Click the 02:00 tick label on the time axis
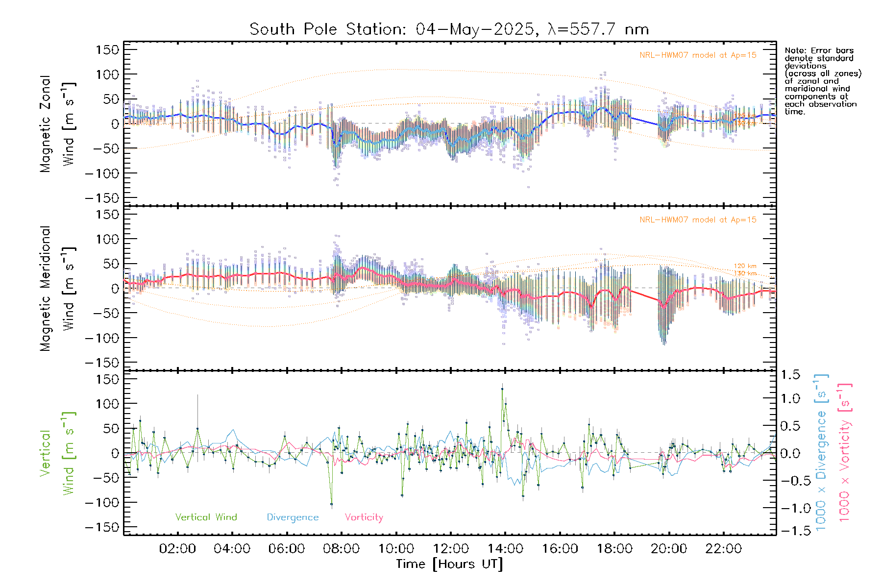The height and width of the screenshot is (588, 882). [x=177, y=549]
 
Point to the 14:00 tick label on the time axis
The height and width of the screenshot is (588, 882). [x=505, y=549]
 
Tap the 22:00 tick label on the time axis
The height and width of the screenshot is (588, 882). [x=723, y=549]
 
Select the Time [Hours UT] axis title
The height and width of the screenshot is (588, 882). [x=449, y=564]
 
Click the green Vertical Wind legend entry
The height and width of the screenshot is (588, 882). [x=206, y=517]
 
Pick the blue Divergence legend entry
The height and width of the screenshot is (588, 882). [x=293, y=517]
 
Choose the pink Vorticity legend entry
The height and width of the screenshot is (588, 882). [x=364, y=517]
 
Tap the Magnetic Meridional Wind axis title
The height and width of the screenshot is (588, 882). [x=57, y=289]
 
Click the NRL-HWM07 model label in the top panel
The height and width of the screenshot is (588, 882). [x=698, y=55]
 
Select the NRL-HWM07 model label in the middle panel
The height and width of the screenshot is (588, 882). [x=698, y=220]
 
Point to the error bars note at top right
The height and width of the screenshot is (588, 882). [x=822, y=81]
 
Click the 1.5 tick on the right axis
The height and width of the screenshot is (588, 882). [x=790, y=375]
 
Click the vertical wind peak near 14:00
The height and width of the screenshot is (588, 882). [x=502, y=390]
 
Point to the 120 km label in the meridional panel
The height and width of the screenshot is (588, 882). [x=745, y=266]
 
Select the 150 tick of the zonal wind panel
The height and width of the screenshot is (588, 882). [x=107, y=50]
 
